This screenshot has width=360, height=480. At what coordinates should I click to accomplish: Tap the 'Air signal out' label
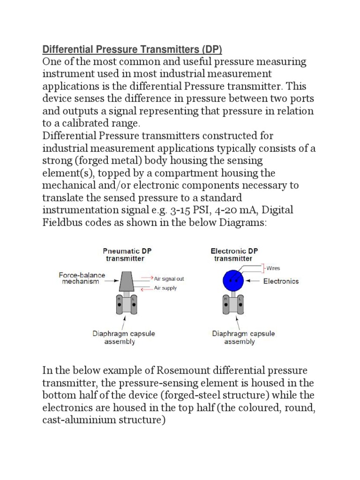click(x=169, y=278)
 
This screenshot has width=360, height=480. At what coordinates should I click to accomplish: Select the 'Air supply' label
click(x=165, y=288)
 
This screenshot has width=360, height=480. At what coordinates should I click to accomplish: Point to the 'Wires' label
click(x=273, y=269)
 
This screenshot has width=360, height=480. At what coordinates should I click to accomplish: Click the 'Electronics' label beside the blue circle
click(x=281, y=281)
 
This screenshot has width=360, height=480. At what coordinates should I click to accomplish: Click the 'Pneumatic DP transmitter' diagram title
click(x=124, y=254)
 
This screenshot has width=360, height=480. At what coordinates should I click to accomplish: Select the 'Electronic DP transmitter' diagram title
click(x=233, y=254)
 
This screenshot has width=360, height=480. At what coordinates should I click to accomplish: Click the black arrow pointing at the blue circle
click(x=254, y=281)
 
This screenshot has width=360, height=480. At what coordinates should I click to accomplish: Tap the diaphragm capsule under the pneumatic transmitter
click(x=125, y=305)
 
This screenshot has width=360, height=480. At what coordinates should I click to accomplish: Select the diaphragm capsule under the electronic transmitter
click(x=233, y=305)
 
